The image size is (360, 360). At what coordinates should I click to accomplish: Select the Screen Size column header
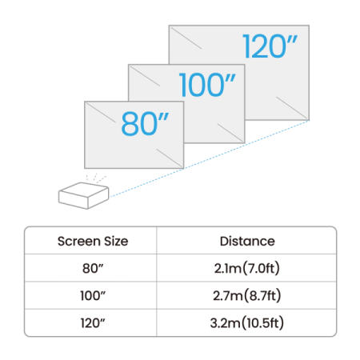click(93, 240)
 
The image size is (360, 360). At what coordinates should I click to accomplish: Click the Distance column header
click(246, 240)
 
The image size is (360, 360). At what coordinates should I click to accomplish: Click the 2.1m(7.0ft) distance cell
click(246, 267)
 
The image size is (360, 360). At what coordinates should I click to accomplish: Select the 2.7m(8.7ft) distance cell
click(246, 295)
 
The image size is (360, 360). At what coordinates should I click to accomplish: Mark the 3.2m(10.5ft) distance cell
click(246, 323)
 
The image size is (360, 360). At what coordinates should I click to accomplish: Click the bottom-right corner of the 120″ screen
click(309, 120)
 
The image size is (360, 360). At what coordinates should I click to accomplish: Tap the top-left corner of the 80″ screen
click(84, 102)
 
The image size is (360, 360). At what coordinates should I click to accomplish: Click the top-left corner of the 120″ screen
click(168, 25)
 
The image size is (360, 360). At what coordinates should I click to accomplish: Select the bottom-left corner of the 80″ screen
click(84, 170)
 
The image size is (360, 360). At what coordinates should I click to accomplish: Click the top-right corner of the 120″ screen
click(309, 25)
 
